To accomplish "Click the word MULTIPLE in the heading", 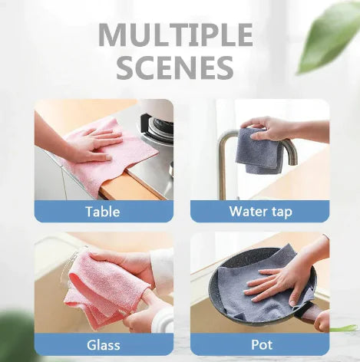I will (x=175, y=35).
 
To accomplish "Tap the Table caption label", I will (x=103, y=211).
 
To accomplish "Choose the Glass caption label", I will (x=103, y=344).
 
